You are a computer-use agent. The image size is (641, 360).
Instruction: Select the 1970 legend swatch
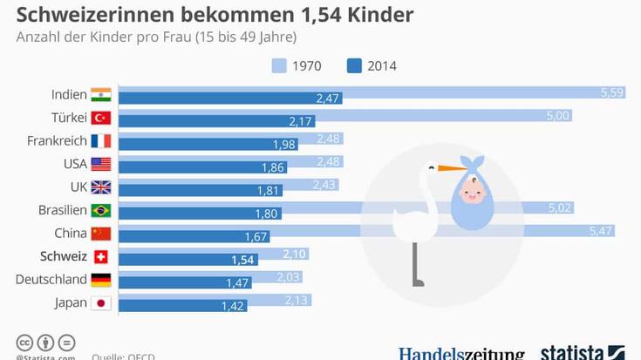coord(279,65)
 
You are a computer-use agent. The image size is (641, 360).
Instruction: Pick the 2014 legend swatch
coord(355,65)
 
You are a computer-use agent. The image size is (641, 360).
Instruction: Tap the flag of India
coord(101,94)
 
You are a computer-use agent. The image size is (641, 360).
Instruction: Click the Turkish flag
coord(101,118)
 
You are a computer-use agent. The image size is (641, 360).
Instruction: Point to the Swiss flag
coord(101,257)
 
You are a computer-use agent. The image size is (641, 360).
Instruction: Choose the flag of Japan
coord(101,303)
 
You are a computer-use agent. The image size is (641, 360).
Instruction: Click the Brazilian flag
coord(101,210)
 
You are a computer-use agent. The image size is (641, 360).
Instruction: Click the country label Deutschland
coord(51,280)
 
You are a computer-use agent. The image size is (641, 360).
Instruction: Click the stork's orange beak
coord(451,167)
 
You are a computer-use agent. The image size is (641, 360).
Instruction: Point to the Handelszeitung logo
coord(461,353)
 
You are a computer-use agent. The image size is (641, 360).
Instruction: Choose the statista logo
coord(583,351)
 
